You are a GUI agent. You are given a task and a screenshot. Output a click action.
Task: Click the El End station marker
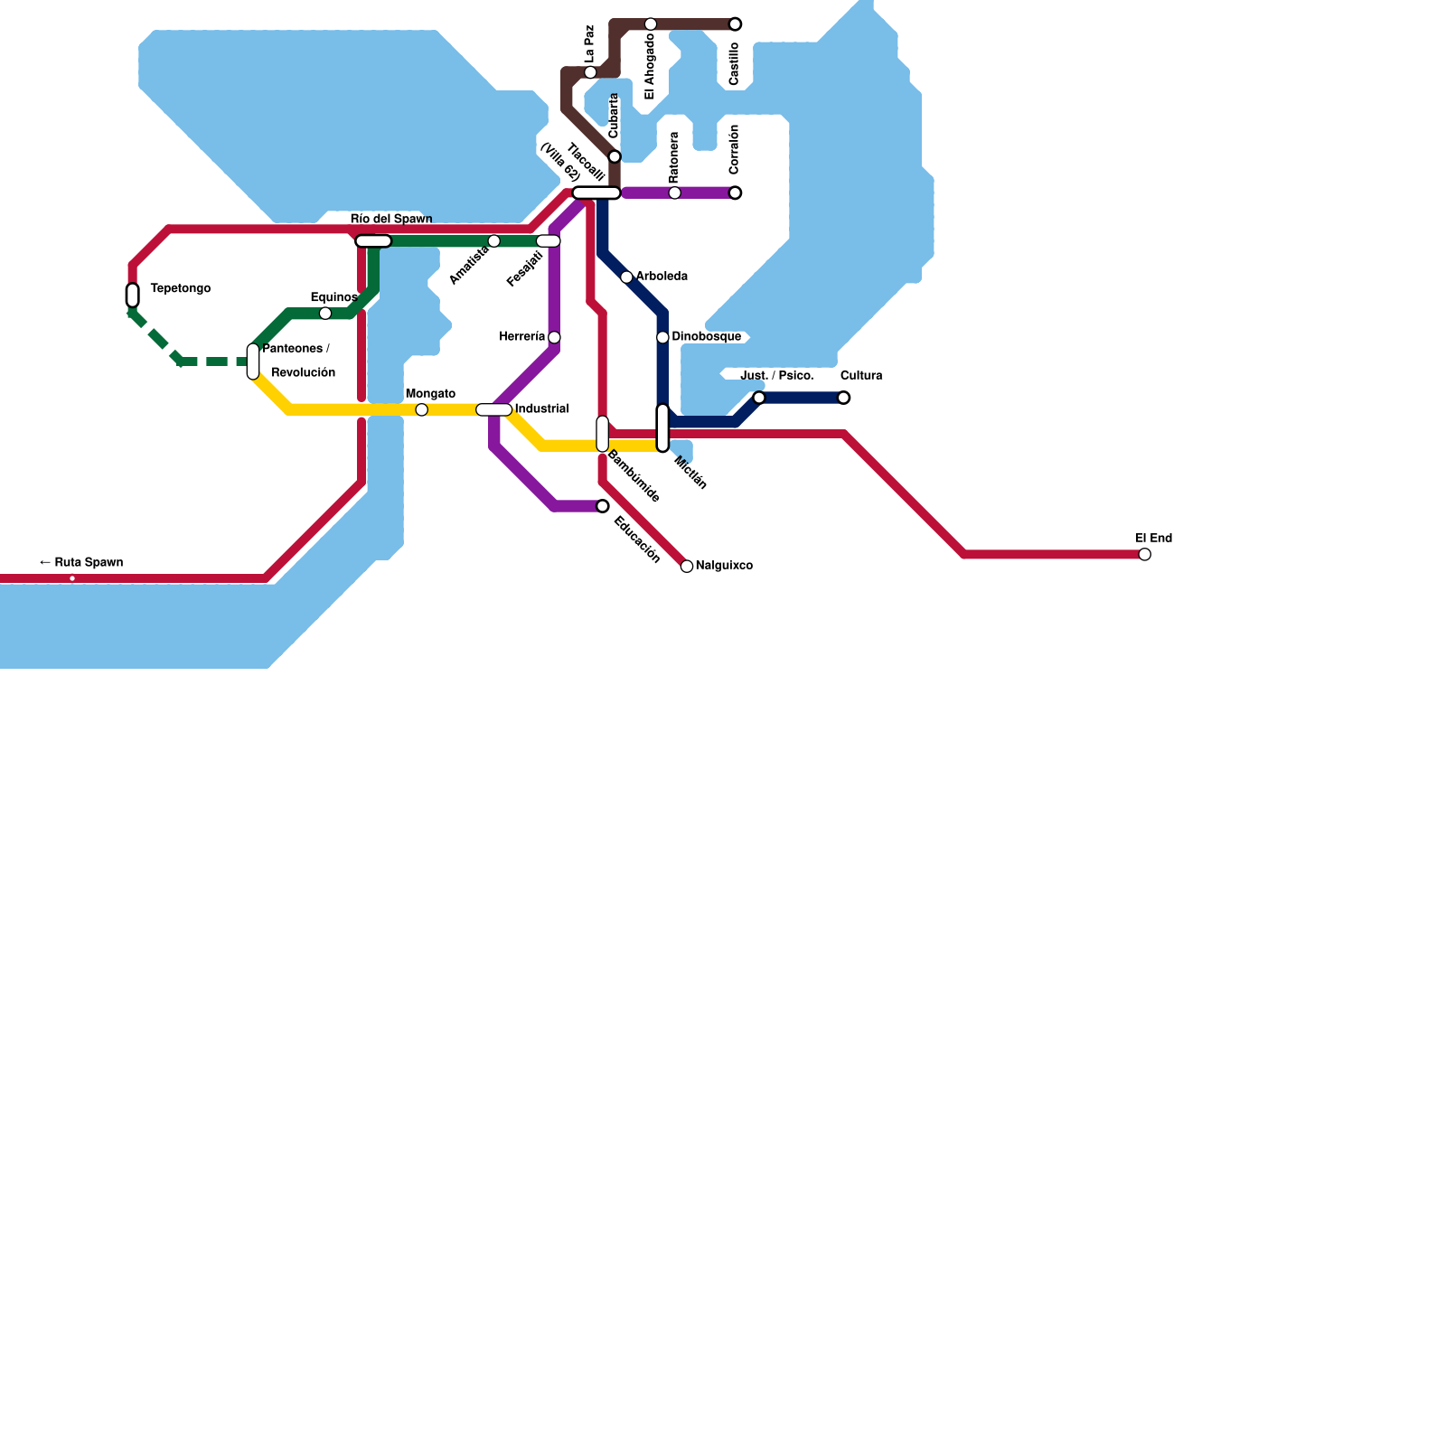coord(1144,554)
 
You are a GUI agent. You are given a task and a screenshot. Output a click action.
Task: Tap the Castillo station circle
coord(735,23)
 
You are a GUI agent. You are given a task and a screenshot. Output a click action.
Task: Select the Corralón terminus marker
coord(735,192)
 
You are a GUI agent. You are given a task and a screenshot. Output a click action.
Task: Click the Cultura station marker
coord(843,398)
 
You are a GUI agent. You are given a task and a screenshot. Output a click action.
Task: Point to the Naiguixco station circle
coord(687,566)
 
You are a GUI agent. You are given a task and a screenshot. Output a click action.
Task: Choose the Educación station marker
coord(603,506)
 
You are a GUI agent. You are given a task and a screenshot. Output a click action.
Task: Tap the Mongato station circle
coord(421,409)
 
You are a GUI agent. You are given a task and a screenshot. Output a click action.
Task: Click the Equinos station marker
coord(325,313)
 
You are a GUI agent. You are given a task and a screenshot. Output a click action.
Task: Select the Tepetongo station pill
coord(133,295)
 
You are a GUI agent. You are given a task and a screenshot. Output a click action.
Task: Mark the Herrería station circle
coord(554,337)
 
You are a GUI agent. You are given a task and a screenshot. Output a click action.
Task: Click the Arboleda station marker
coord(626,277)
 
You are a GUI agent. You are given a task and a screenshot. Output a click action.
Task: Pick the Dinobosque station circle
coord(662,337)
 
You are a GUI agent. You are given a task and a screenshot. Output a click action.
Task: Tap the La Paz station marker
coord(590,72)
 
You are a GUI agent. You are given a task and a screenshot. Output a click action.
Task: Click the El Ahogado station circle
coord(651,23)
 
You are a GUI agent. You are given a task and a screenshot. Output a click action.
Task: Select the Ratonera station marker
coord(674,192)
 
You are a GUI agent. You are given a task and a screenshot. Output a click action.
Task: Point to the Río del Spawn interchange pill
coord(373,240)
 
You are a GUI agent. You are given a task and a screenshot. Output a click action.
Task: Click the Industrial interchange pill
coord(493,409)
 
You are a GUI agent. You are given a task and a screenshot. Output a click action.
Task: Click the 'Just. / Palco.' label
coord(776,375)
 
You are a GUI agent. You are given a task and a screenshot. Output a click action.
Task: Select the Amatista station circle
coord(493,240)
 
